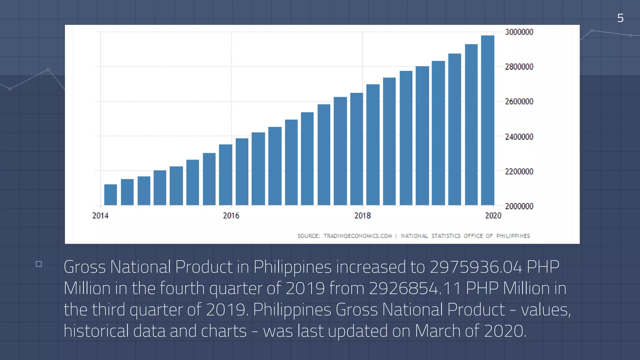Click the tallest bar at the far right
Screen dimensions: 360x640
coord(487,120)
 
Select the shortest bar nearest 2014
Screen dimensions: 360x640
coord(110,195)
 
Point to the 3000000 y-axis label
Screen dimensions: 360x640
coord(519,32)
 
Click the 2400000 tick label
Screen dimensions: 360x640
coord(519,137)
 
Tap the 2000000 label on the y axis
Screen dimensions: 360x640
coord(519,206)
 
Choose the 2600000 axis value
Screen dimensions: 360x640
coord(519,102)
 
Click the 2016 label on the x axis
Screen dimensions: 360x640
coord(231,216)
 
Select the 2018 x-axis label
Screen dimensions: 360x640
coord(362,216)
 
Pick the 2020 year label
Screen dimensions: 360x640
coord(493,216)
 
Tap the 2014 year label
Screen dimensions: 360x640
coord(100,216)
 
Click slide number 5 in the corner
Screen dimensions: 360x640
coord(620,18)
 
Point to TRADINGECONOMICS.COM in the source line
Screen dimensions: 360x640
coord(357,236)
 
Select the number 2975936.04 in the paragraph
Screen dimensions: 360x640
coord(476,267)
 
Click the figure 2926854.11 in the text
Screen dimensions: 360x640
coord(415,288)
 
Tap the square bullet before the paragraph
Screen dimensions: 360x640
coord(39,264)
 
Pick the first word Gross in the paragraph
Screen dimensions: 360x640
coord(85,267)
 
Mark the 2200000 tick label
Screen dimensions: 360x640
coord(519,172)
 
